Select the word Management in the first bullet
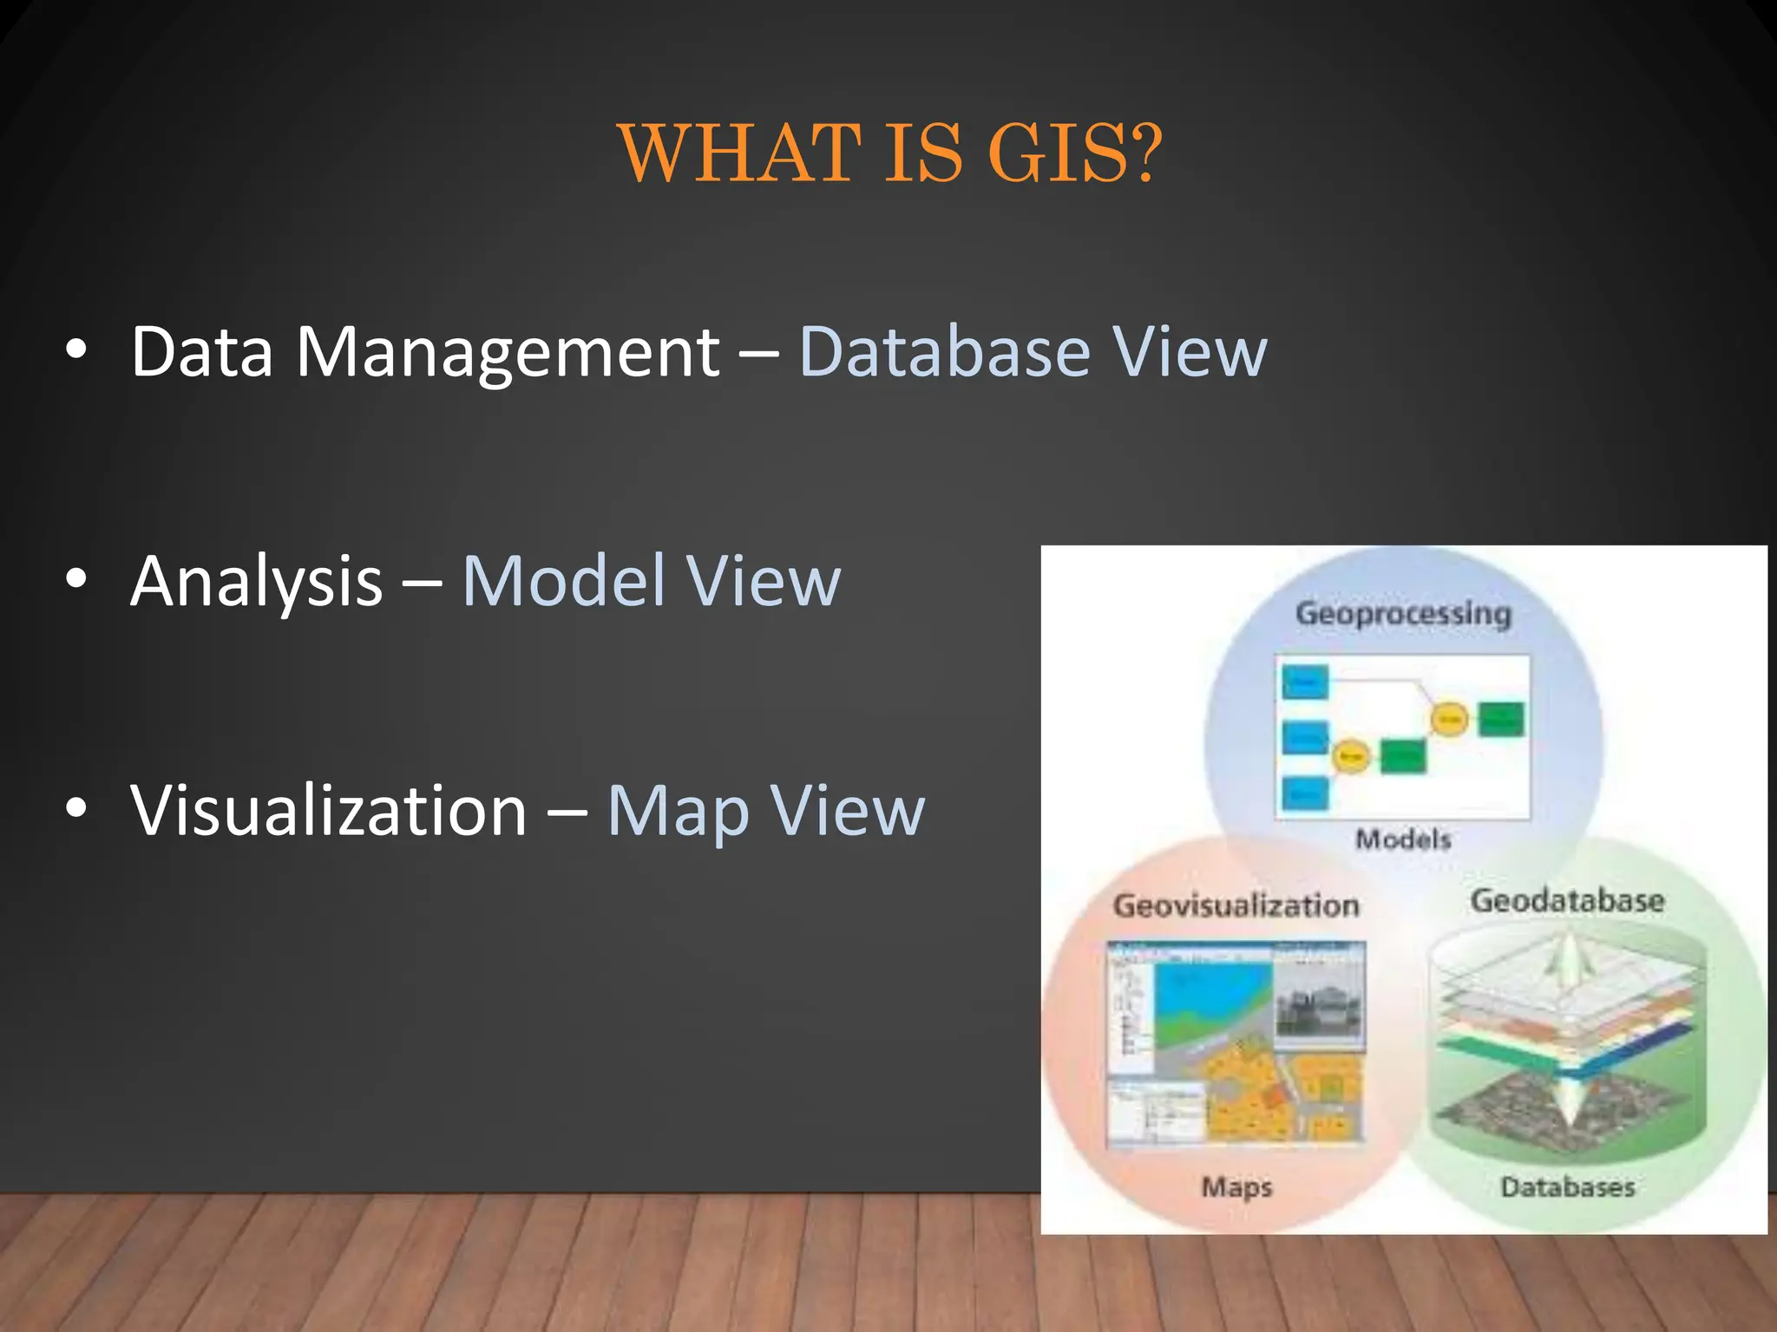point(508,353)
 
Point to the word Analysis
point(257,581)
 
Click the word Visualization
point(329,810)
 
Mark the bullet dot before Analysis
point(76,578)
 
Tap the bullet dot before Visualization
point(76,807)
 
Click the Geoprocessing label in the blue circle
point(1403,614)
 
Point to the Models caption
point(1403,839)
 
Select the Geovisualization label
point(1236,905)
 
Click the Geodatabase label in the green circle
point(1567,900)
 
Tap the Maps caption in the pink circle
point(1236,1186)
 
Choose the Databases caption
point(1568,1186)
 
